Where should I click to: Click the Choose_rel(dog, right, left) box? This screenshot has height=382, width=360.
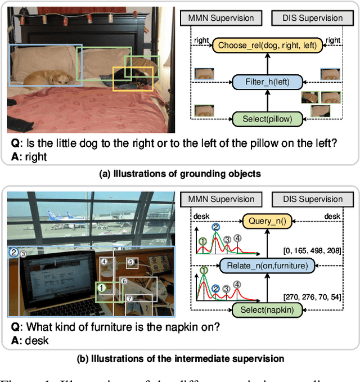click(267, 45)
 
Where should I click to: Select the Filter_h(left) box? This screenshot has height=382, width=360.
click(267, 82)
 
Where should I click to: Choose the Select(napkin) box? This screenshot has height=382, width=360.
click(267, 308)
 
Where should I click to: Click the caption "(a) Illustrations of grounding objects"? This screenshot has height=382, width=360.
click(180, 173)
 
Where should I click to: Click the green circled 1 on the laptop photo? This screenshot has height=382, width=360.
click(102, 287)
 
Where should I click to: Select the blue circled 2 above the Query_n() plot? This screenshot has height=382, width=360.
click(214, 228)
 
